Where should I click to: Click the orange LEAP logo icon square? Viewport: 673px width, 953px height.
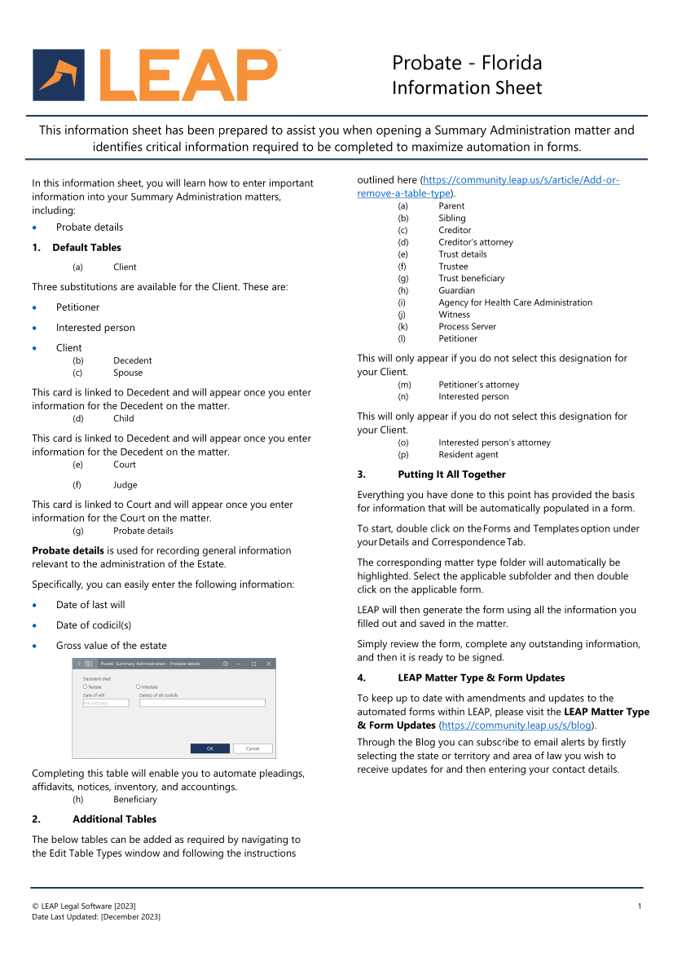[x=59, y=75]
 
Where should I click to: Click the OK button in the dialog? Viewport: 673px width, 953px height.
[x=209, y=748]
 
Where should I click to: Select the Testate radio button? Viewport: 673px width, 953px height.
[x=85, y=686]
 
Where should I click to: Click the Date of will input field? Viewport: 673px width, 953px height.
[x=106, y=703]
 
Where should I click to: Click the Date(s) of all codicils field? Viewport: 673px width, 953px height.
[x=202, y=703]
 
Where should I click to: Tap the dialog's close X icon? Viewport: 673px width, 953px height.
[x=270, y=664]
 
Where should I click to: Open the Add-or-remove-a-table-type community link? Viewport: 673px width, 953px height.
[x=488, y=187]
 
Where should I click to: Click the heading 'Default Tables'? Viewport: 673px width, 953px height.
[x=86, y=248]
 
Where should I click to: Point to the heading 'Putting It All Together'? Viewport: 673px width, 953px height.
[x=451, y=474]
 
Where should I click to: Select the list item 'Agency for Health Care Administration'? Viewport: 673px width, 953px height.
[x=515, y=302]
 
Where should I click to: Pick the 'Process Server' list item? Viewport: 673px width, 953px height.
[x=467, y=327]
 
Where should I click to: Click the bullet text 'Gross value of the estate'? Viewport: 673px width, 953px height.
[x=111, y=646]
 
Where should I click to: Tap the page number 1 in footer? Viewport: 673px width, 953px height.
[x=640, y=907]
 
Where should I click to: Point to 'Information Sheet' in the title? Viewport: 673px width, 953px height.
[x=466, y=88]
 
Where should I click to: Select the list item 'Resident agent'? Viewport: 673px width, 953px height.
[x=468, y=455]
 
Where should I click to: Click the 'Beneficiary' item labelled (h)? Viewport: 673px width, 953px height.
[x=135, y=800]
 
